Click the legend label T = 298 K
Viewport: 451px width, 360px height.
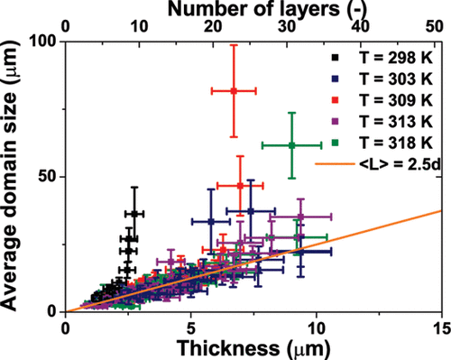[x=396, y=58]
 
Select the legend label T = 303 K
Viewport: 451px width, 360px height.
[x=396, y=78]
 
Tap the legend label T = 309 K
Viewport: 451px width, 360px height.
[x=396, y=100]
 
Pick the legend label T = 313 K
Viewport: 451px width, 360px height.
[x=396, y=122]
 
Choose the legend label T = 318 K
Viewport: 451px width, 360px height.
[x=396, y=143]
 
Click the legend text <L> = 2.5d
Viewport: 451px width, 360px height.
[x=400, y=164]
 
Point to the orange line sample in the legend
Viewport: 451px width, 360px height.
[x=335, y=164]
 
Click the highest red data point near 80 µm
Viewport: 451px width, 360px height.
[x=234, y=91]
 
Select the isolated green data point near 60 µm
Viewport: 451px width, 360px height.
[x=291, y=145]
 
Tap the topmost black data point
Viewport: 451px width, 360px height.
[x=134, y=214]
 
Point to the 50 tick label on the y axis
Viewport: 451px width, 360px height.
[x=49, y=177]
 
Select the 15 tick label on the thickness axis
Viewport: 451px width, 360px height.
[x=441, y=328]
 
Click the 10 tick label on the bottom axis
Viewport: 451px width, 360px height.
[x=316, y=328]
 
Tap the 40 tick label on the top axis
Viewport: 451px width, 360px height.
[x=361, y=27]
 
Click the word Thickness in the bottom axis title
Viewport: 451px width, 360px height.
[x=228, y=348]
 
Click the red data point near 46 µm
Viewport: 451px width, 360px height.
[x=240, y=186]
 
